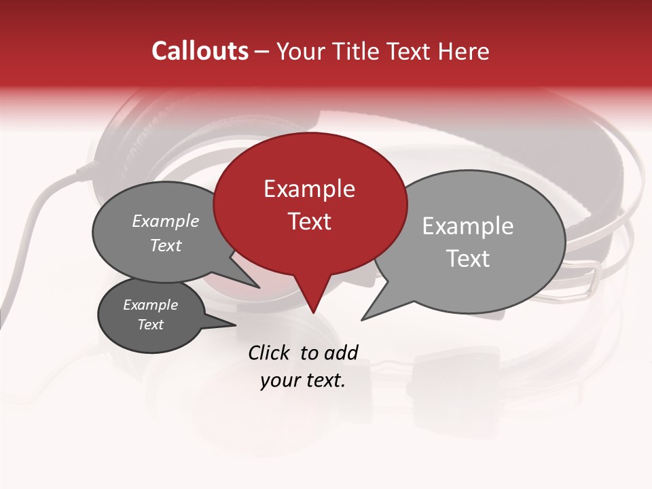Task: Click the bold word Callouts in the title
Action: coord(200,51)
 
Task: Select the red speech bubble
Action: coord(310,204)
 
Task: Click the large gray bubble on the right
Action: coord(475,241)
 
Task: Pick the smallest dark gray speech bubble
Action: coord(151,315)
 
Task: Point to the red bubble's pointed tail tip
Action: coord(313,313)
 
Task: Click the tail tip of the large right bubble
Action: coord(362,319)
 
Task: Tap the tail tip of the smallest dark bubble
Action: coord(235,325)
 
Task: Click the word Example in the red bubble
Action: coord(309,189)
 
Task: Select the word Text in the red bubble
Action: coord(310,221)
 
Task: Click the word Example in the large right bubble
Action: coord(467,226)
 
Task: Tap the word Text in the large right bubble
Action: coord(468,259)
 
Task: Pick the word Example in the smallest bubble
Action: coord(150,305)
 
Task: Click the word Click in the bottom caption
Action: coord(270,352)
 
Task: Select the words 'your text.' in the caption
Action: coord(303,380)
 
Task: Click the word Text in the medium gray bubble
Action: coord(166,245)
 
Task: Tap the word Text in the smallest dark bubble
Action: coord(151,325)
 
